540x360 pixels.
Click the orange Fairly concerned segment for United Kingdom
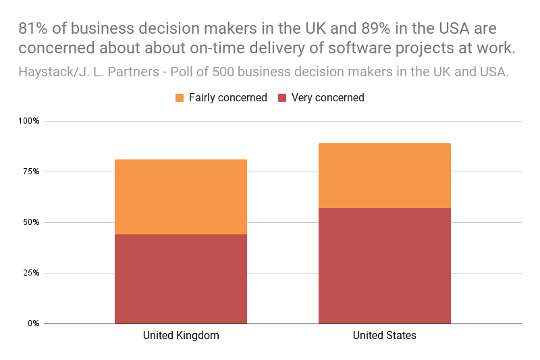coord(180,197)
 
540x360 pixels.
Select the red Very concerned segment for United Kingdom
coord(180,278)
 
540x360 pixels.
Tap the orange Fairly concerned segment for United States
coord(384,175)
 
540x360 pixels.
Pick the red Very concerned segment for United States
coord(384,265)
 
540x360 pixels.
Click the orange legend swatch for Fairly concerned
coord(180,98)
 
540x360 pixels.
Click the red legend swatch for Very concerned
coord(282,98)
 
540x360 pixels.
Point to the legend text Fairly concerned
coord(227,98)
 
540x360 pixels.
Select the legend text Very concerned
coord(327,98)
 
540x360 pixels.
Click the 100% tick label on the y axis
coord(28,121)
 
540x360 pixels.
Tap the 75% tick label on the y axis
coord(30,172)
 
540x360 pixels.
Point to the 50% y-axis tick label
coord(30,222)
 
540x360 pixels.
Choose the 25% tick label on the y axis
coord(30,273)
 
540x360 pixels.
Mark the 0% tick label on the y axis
coord(33,324)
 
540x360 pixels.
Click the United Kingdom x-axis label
coord(181,336)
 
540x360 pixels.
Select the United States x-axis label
coord(384,336)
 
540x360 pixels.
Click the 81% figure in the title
coord(33,28)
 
